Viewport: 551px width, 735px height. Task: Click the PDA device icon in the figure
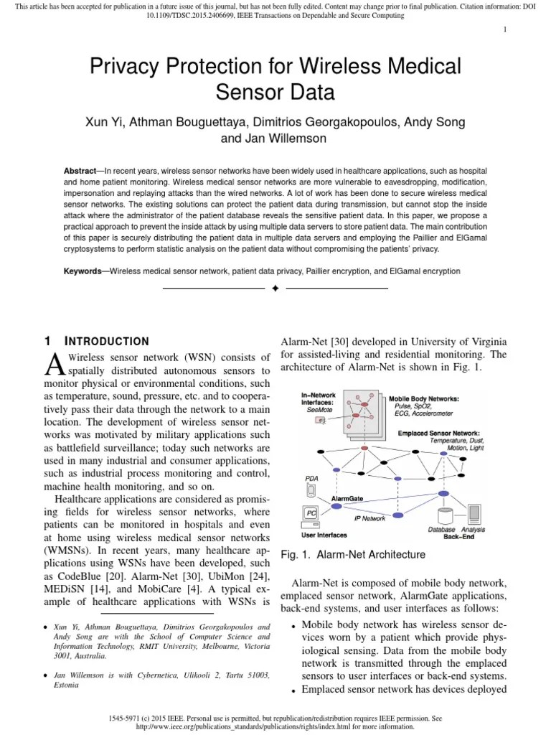coord(311,489)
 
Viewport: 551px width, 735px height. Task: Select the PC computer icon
coord(311,513)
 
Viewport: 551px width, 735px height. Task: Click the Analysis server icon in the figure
coord(474,514)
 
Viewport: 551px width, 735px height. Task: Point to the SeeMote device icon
coord(321,419)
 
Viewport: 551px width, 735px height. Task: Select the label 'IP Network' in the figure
coord(369,518)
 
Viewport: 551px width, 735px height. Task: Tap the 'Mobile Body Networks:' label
coord(424,398)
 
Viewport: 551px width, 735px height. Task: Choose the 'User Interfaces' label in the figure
coord(324,535)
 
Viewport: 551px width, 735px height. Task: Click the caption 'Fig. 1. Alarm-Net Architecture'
coord(352,555)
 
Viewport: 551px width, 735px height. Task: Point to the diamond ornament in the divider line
coord(275,289)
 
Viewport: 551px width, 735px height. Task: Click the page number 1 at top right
coord(505,29)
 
